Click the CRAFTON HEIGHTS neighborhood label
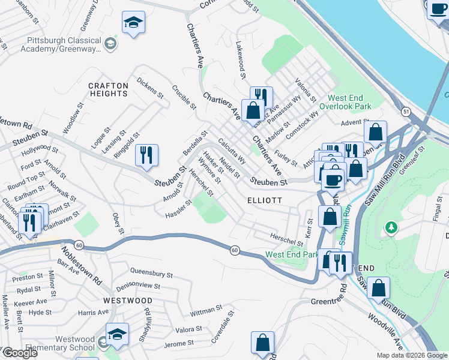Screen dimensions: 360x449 pos(108,89)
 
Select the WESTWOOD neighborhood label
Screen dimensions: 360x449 pos(127,300)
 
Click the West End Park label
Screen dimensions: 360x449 pos(291,254)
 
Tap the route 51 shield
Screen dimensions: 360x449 pos(406,112)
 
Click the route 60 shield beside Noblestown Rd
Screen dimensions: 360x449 pos(79,244)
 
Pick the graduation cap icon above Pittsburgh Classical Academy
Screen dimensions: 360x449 pos(133,23)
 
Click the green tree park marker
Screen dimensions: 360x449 pos(391,227)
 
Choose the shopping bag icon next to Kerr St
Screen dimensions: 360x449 pos(330,217)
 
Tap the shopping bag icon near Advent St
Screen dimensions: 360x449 pos(375,131)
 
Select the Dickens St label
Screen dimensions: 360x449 pos(150,87)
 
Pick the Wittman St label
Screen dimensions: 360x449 pos(206,311)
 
